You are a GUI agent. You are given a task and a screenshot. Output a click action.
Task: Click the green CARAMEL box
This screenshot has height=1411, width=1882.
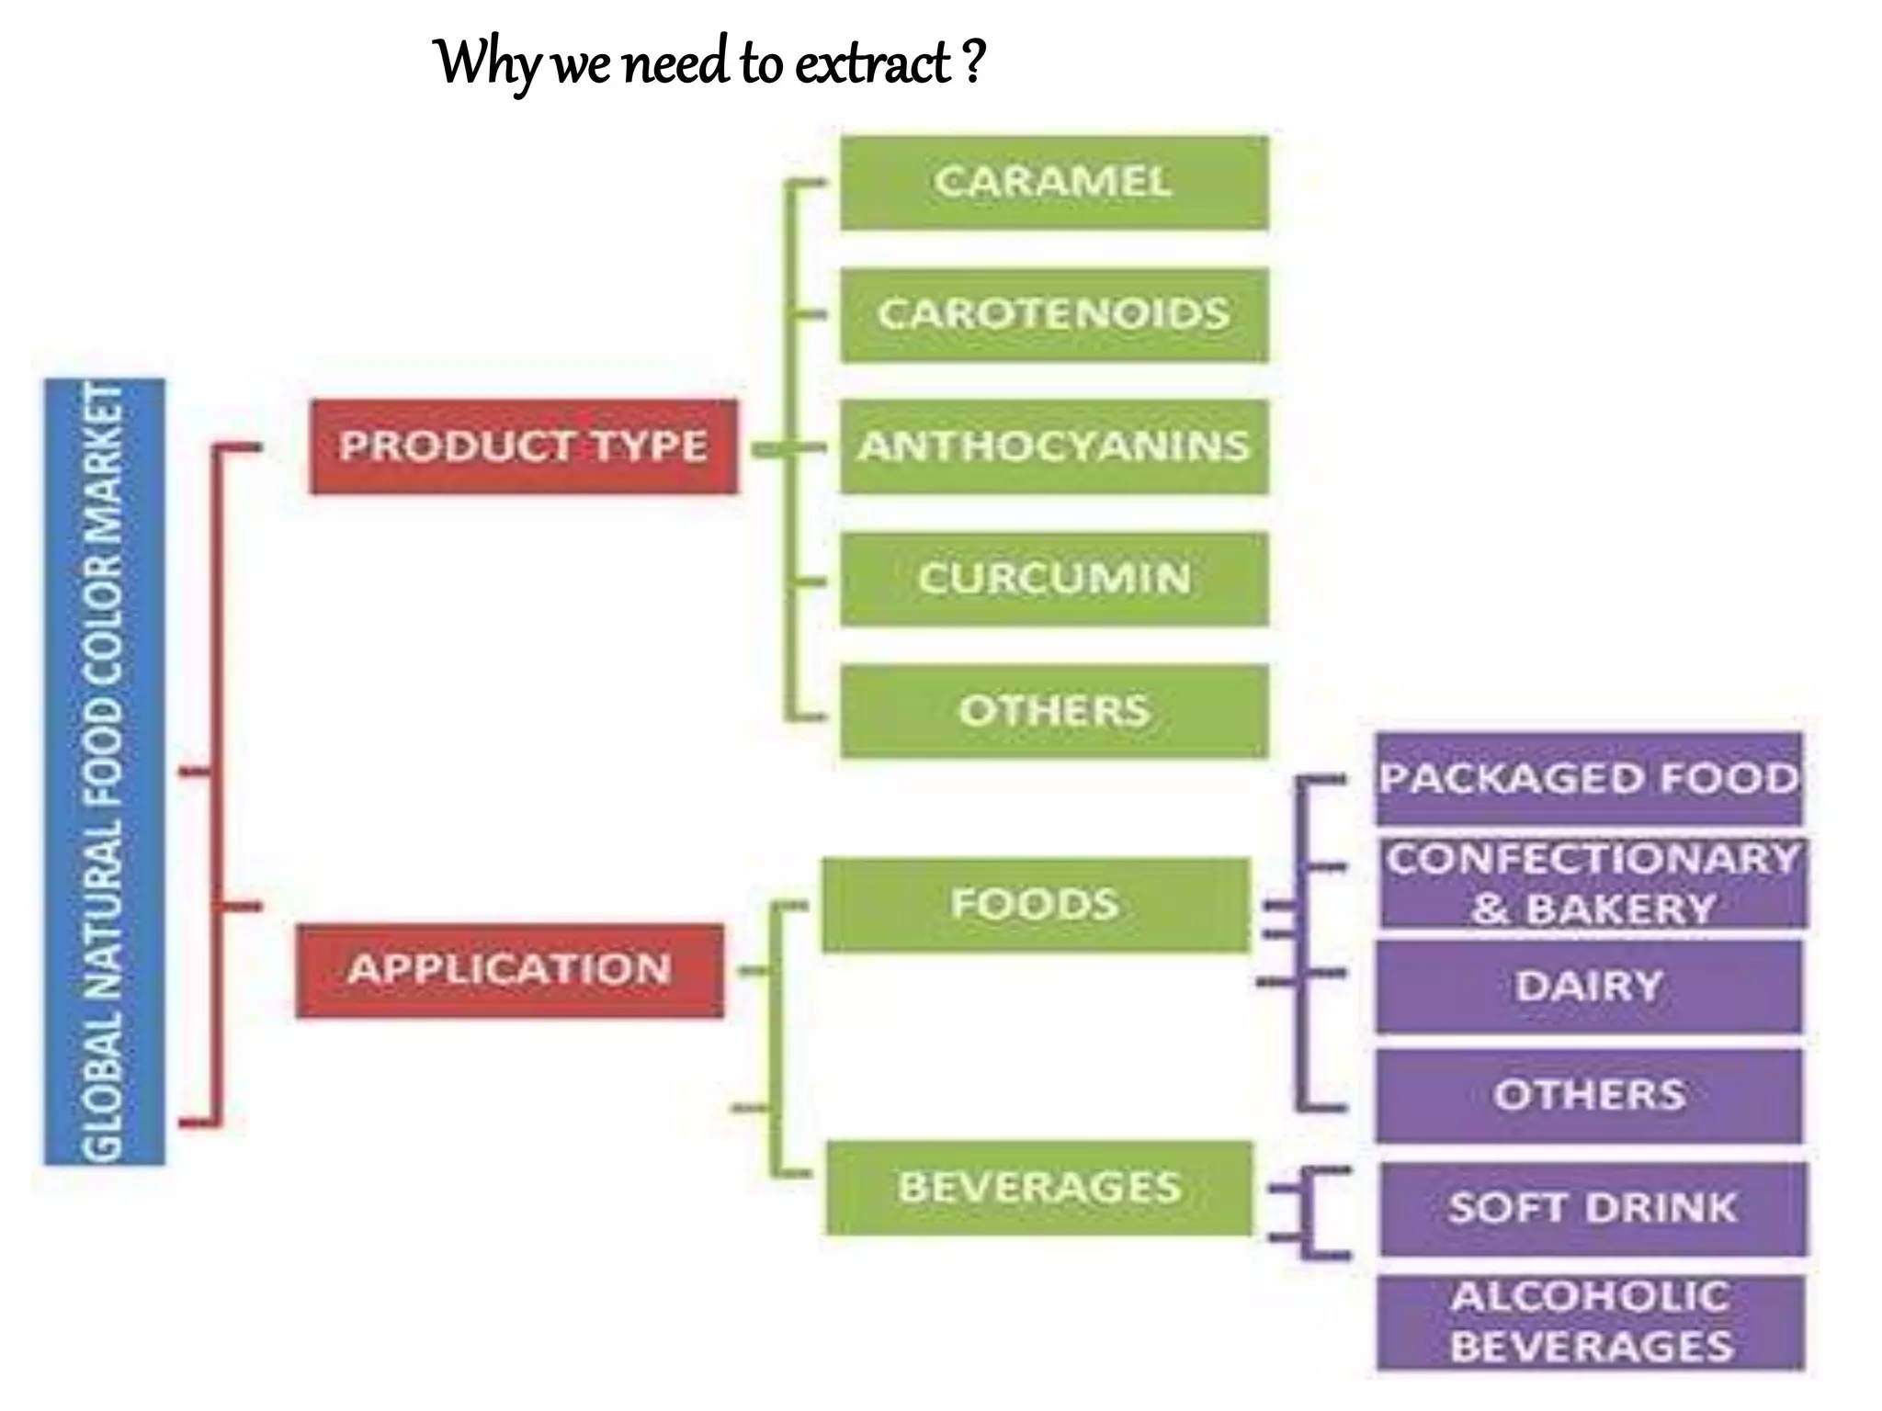[x=1054, y=182]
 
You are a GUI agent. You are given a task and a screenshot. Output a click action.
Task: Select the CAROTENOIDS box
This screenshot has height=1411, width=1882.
[x=1054, y=314]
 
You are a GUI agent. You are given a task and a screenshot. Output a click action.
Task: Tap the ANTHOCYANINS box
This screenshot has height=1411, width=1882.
[x=1054, y=446]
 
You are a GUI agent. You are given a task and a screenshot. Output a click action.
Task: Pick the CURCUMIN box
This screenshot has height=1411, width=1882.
[x=1054, y=579]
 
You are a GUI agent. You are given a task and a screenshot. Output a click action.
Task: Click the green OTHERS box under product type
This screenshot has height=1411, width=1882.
[x=1054, y=711]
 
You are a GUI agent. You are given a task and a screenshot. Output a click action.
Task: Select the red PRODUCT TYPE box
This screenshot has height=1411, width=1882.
[x=523, y=446]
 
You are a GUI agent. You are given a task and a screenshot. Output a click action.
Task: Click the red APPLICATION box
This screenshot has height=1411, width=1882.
[x=509, y=970]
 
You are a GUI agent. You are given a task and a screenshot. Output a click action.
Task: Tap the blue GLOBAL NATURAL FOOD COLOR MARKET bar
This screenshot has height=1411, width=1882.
[x=104, y=772]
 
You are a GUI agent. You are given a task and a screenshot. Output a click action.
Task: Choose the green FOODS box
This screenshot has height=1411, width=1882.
[x=1035, y=904]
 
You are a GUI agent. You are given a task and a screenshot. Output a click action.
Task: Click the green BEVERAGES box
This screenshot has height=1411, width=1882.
[x=1038, y=1187]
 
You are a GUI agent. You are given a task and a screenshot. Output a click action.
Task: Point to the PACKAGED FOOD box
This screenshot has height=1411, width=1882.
[x=1589, y=779]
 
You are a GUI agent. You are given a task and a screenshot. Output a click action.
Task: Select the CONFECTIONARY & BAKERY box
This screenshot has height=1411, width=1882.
[x=1593, y=884]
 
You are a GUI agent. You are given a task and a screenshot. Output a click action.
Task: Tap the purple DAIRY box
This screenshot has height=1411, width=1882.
[x=1589, y=987]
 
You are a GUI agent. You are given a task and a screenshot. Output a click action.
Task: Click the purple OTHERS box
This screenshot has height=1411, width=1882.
[x=1589, y=1095]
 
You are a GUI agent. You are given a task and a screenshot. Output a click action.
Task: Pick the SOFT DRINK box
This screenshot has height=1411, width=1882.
[x=1593, y=1208]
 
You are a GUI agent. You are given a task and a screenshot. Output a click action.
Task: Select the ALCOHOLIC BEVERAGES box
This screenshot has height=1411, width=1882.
[x=1591, y=1322]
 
